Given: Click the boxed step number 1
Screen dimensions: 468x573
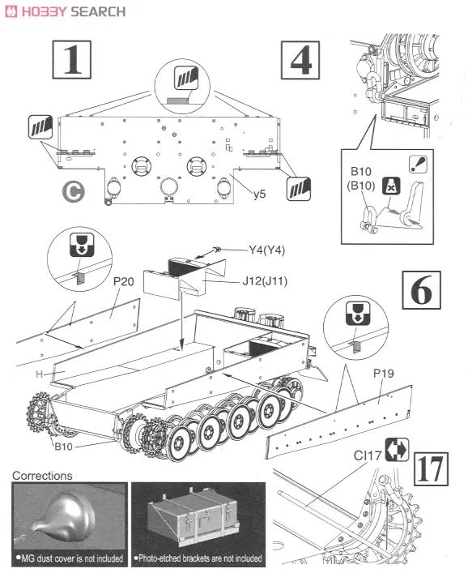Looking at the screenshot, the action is tap(71, 59).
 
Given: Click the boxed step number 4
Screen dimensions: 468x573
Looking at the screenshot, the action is tap(300, 60).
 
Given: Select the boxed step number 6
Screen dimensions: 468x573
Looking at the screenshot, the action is tap(421, 290).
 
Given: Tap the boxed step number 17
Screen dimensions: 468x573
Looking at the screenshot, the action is tap(431, 468).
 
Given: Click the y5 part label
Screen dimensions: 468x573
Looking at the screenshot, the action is tap(260, 194).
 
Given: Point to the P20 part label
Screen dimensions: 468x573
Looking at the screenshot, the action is tap(123, 281).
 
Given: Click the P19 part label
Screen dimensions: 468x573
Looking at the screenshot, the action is tap(383, 374).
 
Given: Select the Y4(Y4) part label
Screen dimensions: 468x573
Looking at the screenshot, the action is tap(267, 250).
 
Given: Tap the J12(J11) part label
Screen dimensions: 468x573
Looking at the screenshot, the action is tap(265, 281).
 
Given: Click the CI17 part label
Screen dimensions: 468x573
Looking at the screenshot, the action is tap(368, 455).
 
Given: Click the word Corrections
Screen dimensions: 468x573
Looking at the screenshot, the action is tap(42, 476).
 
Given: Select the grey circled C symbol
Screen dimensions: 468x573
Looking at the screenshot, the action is tap(73, 191).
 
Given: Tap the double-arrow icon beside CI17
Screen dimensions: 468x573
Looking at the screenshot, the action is tap(397, 449).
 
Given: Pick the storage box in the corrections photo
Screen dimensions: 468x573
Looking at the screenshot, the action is tap(194, 515).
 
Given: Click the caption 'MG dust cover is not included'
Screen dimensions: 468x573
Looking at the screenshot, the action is tap(70, 558).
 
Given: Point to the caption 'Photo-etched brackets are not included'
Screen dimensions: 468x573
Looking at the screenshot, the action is tap(198, 558).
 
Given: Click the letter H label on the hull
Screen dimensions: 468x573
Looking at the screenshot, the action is tap(39, 374).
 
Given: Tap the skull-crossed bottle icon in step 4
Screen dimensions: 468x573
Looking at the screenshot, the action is tap(391, 186).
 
